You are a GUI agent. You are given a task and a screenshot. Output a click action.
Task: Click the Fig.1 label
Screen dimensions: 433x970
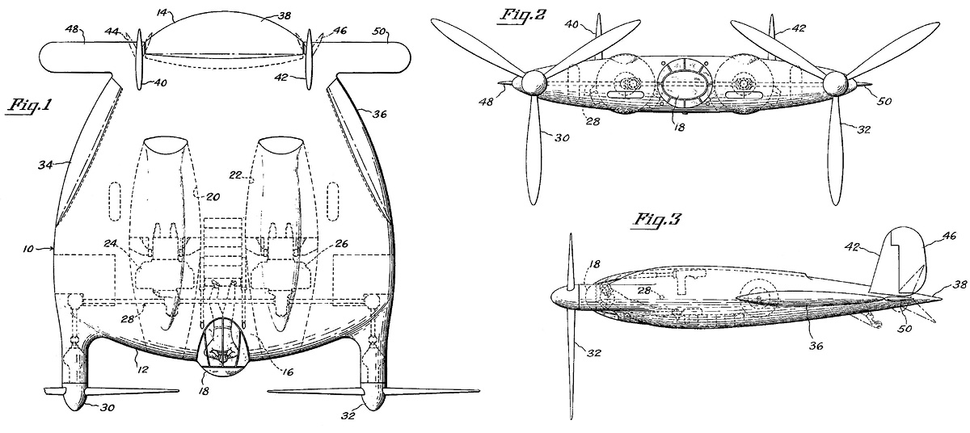coord(29,107)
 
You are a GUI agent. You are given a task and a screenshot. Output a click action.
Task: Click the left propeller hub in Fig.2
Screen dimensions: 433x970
coord(531,82)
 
